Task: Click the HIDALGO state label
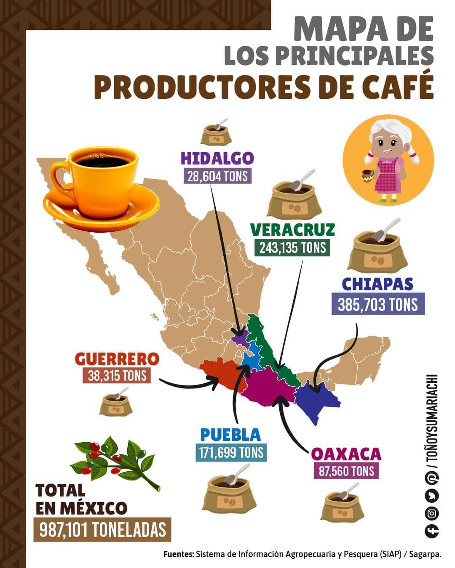coord(217,159)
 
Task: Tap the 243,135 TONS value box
coord(292,247)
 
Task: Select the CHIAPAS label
coord(377,284)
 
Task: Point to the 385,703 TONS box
coord(378,304)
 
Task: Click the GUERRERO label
coord(117,359)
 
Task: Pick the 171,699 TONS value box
coord(230,452)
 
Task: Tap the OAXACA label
coord(346,454)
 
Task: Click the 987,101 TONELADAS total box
coord(103,530)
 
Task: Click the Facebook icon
coord(432,531)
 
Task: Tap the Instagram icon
coord(432,513)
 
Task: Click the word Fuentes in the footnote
coord(179,555)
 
